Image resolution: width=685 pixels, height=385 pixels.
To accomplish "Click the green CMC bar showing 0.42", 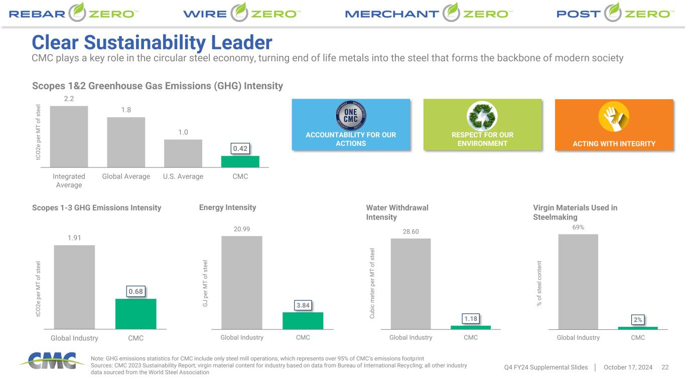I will pyautogui.click(x=240, y=161).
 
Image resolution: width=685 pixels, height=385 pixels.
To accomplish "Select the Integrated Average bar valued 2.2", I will pyautogui.click(x=69, y=136).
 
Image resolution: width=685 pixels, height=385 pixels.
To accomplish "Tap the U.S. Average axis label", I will pyautogui.click(x=183, y=176).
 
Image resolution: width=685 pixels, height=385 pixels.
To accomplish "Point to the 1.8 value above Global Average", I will pyautogui.click(x=126, y=110).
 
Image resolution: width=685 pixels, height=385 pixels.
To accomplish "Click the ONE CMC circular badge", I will pyautogui.click(x=351, y=116).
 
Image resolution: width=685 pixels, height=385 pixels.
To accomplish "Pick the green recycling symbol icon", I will pyautogui.click(x=482, y=116).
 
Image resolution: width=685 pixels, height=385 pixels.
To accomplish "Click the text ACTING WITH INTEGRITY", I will pyautogui.click(x=614, y=144).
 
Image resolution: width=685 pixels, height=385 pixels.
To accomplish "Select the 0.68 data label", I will pyautogui.click(x=135, y=291).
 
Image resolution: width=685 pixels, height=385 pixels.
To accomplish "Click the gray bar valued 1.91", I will pyautogui.click(x=74, y=287).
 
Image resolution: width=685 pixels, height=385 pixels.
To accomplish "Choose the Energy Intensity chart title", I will pyautogui.click(x=227, y=208).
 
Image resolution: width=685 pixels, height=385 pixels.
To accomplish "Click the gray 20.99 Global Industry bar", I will pyautogui.click(x=241, y=282).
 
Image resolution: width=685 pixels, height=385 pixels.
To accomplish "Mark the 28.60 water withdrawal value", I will pyautogui.click(x=410, y=231).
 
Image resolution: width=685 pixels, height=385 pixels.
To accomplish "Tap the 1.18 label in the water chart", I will pyautogui.click(x=471, y=318).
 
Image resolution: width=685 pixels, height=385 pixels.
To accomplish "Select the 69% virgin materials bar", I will pyautogui.click(x=578, y=281).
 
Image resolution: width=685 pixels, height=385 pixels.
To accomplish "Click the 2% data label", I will pyautogui.click(x=638, y=319).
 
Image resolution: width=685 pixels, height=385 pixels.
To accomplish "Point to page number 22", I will pyautogui.click(x=665, y=367).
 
